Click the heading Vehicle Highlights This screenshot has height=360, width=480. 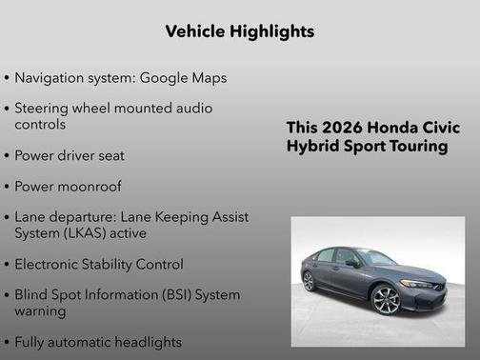(x=239, y=31)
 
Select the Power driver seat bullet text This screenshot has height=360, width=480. (x=70, y=154)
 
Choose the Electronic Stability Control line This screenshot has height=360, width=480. (x=99, y=264)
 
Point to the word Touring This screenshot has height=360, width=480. (x=419, y=147)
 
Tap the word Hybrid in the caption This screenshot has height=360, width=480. (x=310, y=147)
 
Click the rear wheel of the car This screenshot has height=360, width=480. (x=309, y=281)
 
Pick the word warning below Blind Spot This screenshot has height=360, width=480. (x=41, y=310)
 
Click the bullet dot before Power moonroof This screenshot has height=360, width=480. (x=8, y=187)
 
